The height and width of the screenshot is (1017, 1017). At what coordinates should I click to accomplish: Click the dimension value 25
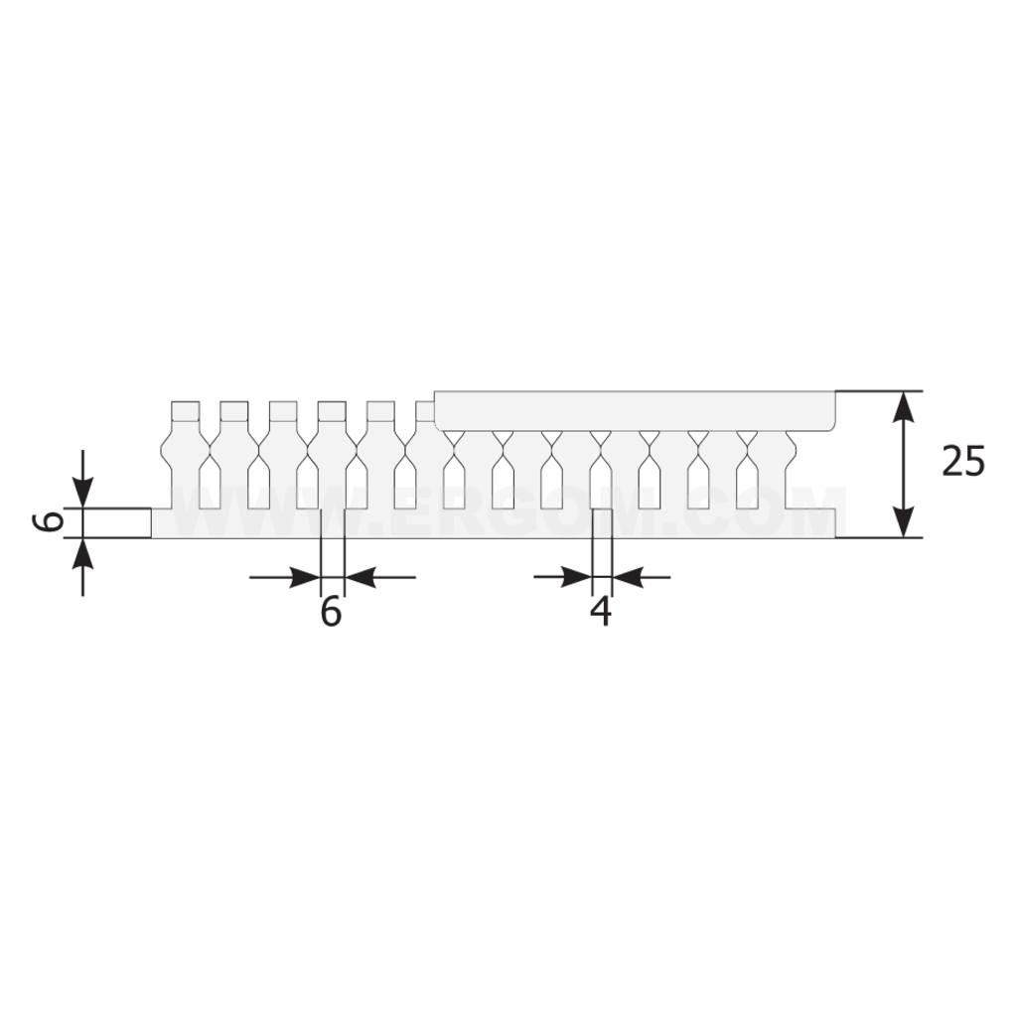pos(963,462)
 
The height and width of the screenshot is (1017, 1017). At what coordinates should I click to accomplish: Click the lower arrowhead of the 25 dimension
pos(902,522)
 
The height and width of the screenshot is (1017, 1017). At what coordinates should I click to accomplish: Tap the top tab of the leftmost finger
pos(186,410)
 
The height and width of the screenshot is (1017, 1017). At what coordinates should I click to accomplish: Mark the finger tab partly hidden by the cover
pos(425,410)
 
